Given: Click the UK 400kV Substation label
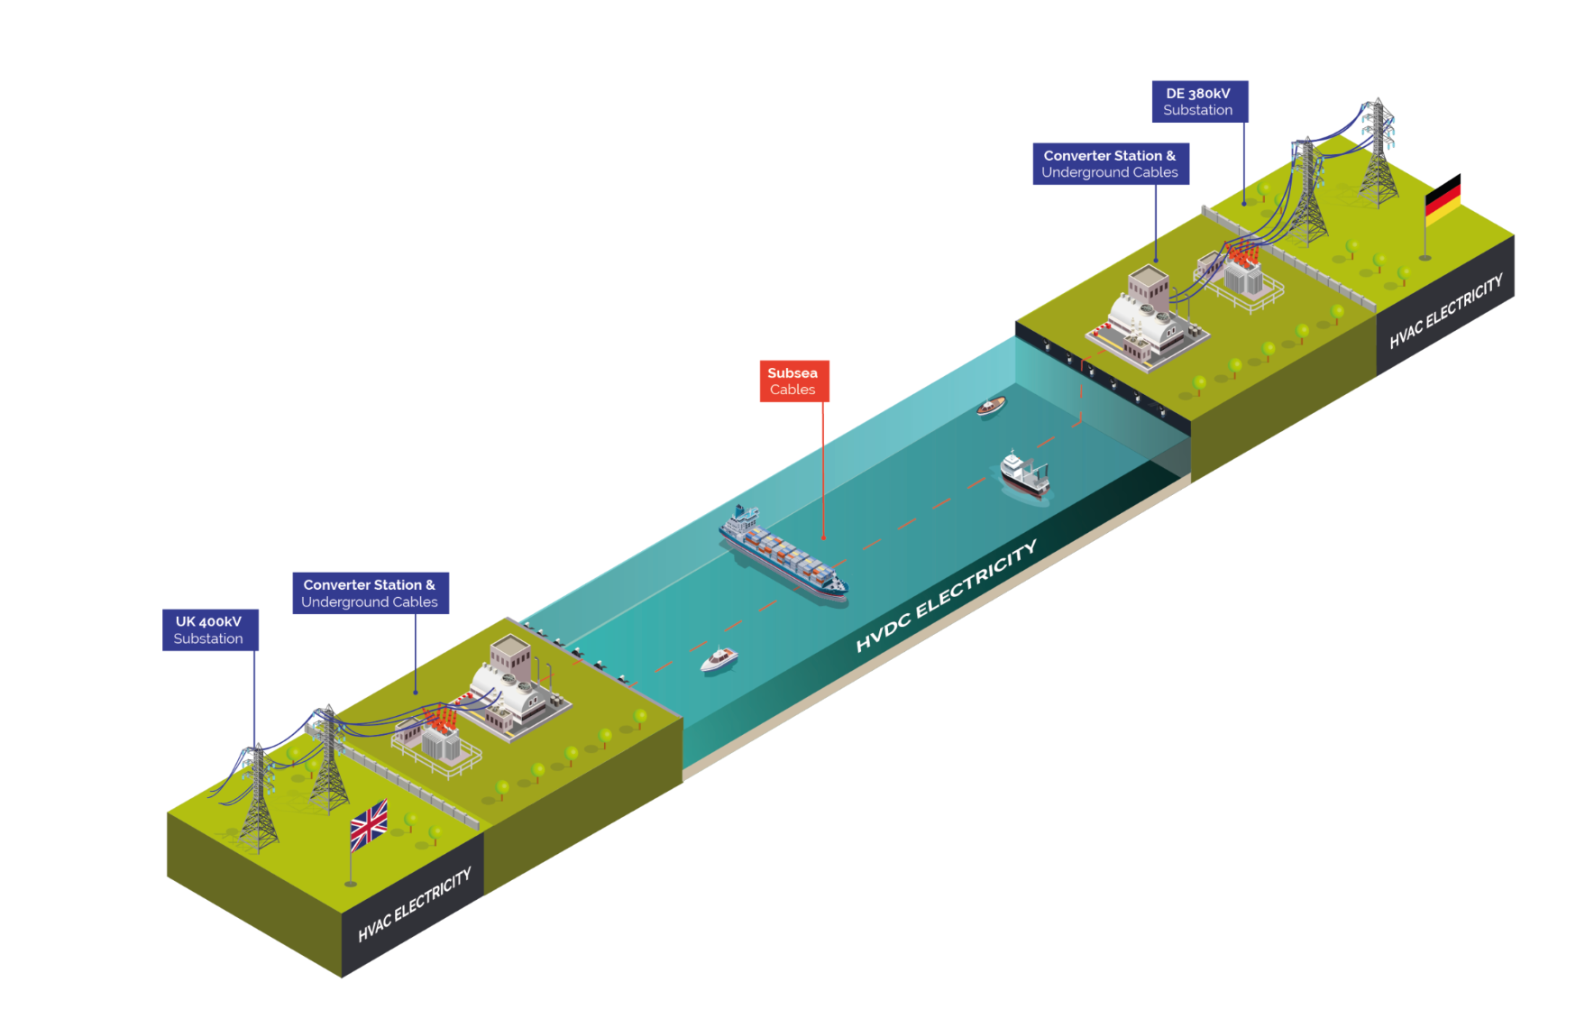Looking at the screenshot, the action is [210, 629].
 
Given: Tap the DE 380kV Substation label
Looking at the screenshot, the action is [1199, 101].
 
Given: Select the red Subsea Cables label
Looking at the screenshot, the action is [793, 381].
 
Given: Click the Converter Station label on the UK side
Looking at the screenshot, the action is [371, 593].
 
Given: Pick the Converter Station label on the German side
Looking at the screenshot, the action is [1110, 163].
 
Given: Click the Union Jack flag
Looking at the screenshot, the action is [369, 824].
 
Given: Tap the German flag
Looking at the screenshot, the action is [1443, 199].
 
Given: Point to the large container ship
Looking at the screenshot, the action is [783, 554].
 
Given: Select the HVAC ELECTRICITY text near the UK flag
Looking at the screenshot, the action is [415, 904].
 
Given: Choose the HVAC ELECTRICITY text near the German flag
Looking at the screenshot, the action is [1445, 310].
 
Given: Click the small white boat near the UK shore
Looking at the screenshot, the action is [719, 660].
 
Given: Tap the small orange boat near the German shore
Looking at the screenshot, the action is [991, 407].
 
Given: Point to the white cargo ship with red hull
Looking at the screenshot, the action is [1025, 474].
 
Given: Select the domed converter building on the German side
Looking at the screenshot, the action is [1147, 318].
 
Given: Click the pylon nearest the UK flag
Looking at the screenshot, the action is [328, 759].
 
